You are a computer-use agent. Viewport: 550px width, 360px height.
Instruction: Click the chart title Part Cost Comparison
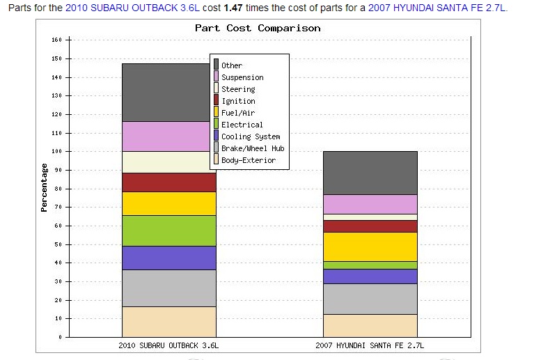(x=258, y=29)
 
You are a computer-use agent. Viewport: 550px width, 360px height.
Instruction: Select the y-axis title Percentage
(x=44, y=187)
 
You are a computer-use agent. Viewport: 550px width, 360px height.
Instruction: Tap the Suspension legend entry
(x=242, y=77)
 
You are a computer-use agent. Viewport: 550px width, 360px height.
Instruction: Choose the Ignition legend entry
(x=238, y=101)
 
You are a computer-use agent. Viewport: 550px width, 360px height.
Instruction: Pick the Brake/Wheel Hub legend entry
(x=253, y=148)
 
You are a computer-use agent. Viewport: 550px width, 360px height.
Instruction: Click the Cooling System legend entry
(x=251, y=136)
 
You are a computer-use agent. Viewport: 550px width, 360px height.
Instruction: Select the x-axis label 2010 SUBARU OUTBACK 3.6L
(x=168, y=345)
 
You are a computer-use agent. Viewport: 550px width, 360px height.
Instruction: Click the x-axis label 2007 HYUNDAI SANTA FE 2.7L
(x=370, y=345)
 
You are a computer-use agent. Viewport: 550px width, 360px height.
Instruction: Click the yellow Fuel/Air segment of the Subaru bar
(x=168, y=203)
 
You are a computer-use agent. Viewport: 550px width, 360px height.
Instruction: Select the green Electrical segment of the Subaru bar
(x=168, y=230)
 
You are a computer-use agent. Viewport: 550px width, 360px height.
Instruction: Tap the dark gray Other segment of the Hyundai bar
(x=370, y=173)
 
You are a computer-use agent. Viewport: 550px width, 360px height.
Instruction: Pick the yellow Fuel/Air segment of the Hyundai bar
(x=370, y=246)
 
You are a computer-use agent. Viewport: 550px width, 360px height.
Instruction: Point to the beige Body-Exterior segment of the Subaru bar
(x=168, y=322)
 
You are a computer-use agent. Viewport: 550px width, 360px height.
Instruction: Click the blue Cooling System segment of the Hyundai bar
(x=370, y=276)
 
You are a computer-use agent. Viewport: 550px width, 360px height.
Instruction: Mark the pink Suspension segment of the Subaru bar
(x=168, y=136)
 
